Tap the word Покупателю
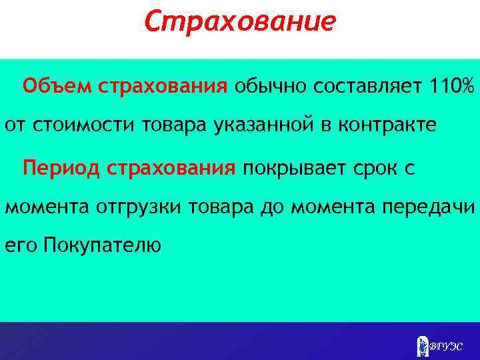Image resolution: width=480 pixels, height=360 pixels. pos(101,247)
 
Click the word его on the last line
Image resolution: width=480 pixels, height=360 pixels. pos(21,247)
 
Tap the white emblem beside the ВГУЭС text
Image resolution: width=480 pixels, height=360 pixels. pos(421,345)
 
